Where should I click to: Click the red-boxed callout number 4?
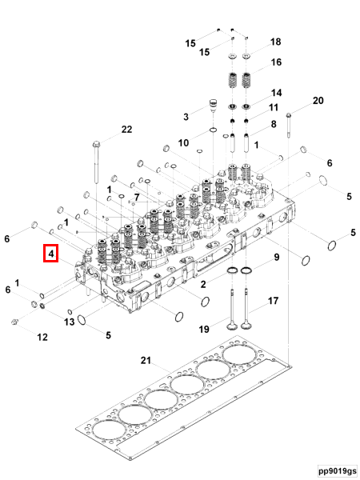click(50, 255)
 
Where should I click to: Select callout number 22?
click(126, 130)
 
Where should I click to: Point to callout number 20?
click(318, 101)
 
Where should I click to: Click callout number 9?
click(276, 258)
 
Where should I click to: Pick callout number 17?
click(273, 302)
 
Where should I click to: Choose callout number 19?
click(204, 329)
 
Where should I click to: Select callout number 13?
click(70, 322)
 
